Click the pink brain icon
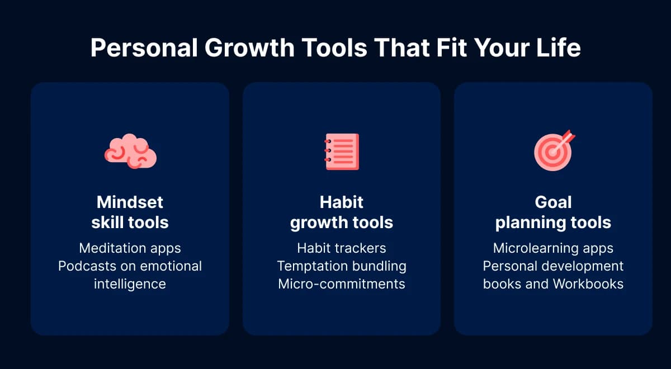[130, 151]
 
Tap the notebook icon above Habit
[342, 152]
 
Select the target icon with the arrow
[553, 150]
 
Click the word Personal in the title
[143, 49]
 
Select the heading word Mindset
[130, 201]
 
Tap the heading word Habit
[341, 201]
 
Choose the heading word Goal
[553, 201]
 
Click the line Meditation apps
[130, 248]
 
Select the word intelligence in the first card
[130, 283]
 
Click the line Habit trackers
[341, 248]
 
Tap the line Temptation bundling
[341, 266]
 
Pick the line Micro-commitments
[341, 283]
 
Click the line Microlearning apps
[553, 248]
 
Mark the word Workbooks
[588, 283]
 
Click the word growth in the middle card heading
[318, 223]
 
